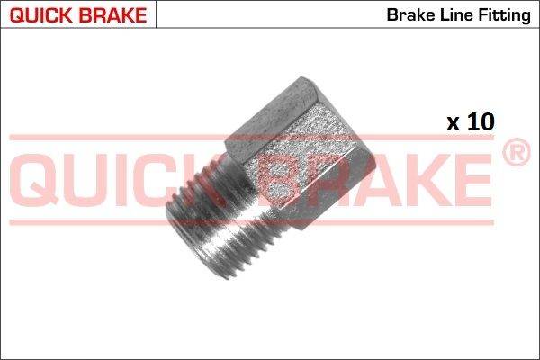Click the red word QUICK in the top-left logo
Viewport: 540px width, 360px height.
(41, 15)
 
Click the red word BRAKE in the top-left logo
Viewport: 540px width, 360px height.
(112, 15)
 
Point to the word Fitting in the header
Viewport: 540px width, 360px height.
(504, 15)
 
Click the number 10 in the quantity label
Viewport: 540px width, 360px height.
(481, 121)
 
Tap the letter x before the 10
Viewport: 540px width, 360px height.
(454, 124)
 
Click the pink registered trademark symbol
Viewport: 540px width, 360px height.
(517, 152)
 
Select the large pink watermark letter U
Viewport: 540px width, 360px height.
(86, 180)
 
